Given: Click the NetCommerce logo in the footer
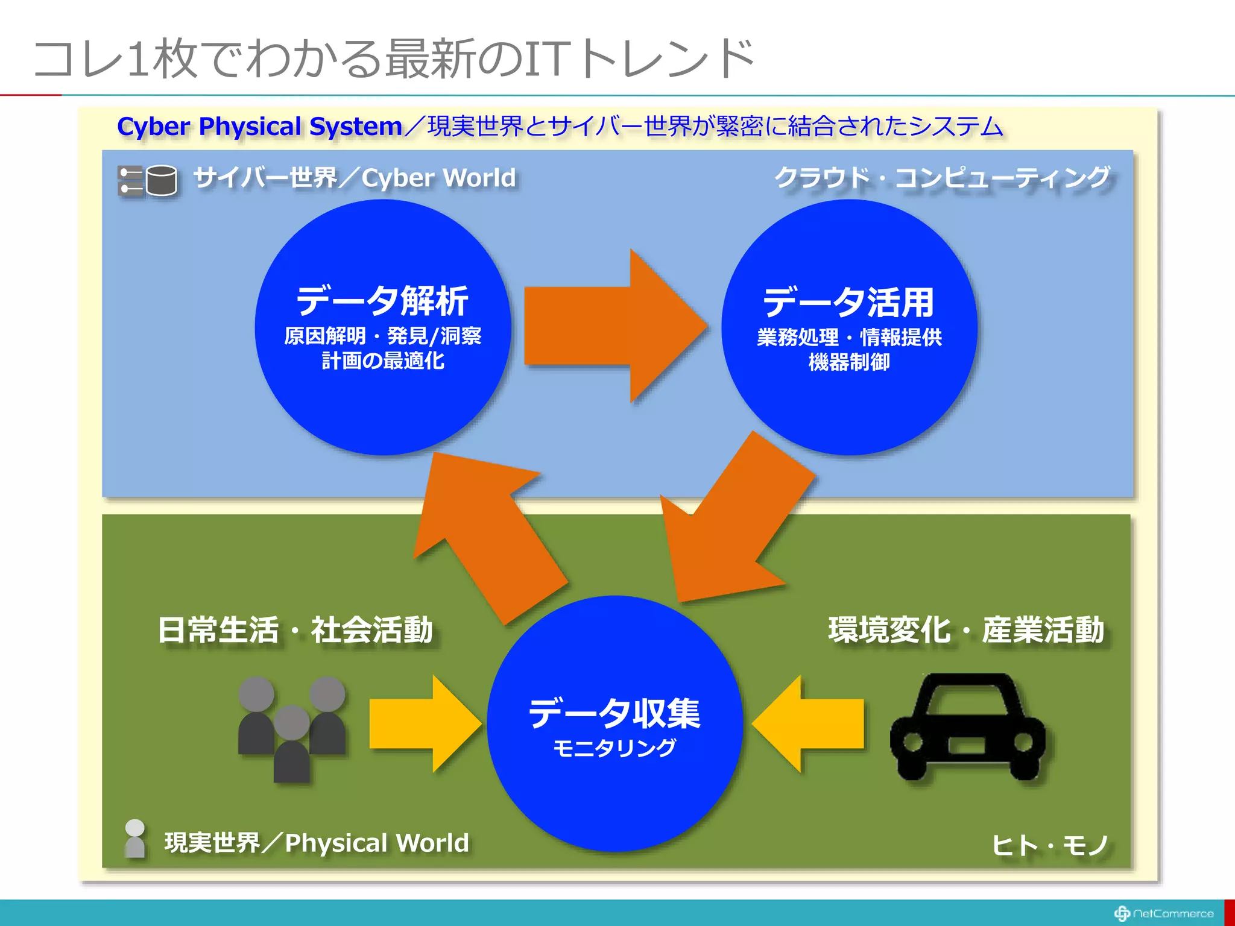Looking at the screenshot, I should coord(1163,913).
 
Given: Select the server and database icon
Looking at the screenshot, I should coord(148,180).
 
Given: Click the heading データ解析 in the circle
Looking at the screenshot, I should coord(382,301).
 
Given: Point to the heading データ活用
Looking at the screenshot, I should coord(848,302).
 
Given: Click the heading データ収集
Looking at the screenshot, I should coord(614,713).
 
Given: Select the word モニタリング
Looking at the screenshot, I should coord(614,748).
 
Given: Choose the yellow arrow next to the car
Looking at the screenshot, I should coord(809,724).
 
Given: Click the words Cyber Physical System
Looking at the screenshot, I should coord(259,127).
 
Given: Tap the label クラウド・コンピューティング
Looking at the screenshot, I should coord(941,178).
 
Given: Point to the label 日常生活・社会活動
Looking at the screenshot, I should coord(295,630).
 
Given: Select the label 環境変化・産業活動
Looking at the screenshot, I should coord(966,630).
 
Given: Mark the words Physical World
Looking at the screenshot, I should coord(376,843).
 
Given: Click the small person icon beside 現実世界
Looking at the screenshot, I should coord(134,838).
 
